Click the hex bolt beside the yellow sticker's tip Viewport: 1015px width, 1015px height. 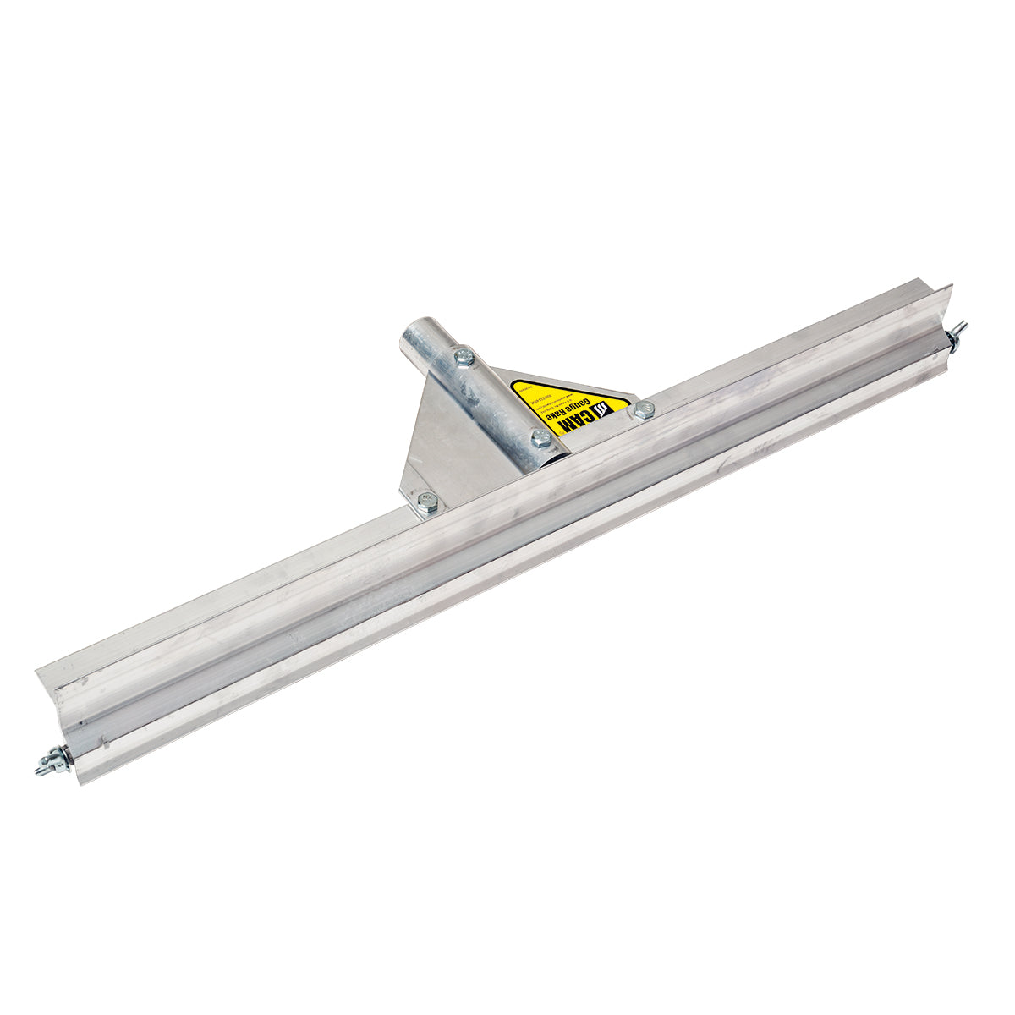(x=644, y=410)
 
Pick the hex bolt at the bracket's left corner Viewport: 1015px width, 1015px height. (x=428, y=505)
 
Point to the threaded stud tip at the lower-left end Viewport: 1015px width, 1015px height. (x=41, y=769)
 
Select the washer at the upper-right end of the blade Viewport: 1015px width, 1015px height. (x=952, y=338)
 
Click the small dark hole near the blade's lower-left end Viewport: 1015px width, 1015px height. (x=81, y=724)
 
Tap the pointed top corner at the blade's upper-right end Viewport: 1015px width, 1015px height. (x=951, y=286)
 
